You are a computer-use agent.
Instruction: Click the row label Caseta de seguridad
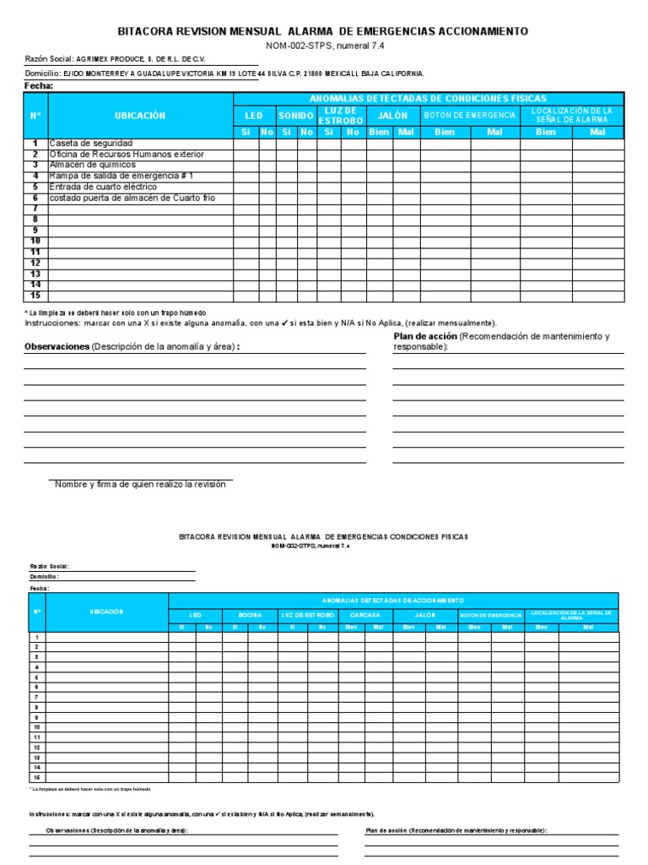click(x=91, y=144)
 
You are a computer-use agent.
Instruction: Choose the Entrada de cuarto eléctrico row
click(x=103, y=187)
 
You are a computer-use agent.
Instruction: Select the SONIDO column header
click(x=296, y=116)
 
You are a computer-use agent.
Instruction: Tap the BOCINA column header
click(x=250, y=615)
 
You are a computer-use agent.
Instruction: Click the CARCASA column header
click(x=365, y=615)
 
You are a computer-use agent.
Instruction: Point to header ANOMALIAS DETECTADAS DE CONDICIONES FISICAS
click(x=428, y=99)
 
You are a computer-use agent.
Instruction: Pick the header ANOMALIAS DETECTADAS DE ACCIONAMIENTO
click(x=393, y=599)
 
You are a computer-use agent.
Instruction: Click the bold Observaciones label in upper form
click(x=57, y=347)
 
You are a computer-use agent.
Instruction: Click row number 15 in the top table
click(x=35, y=296)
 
